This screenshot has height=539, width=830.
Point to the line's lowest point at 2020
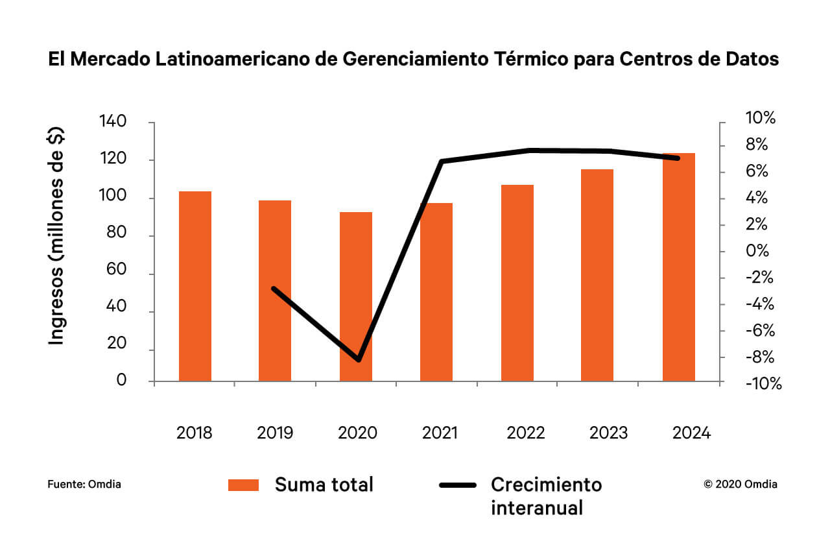(359, 359)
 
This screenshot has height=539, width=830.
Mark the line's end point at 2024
(678, 158)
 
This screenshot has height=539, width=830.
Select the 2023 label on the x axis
(608, 433)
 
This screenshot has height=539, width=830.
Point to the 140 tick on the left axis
(113, 122)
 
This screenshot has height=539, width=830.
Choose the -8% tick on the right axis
(761, 357)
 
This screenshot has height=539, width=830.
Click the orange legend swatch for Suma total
(243, 485)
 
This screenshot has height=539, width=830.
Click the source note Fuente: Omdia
(84, 484)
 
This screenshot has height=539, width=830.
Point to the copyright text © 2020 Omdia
(741, 484)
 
